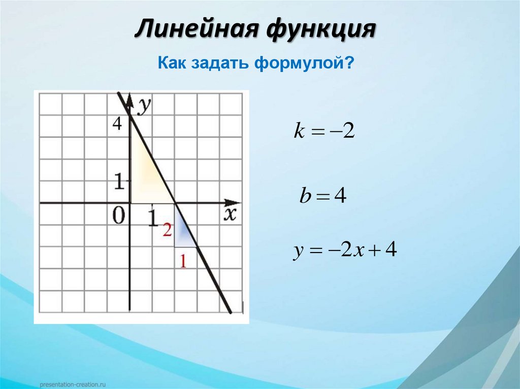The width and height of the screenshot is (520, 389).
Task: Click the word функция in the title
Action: click(x=319, y=30)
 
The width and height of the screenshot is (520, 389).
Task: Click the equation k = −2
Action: click(x=323, y=132)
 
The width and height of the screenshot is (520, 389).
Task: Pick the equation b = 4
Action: click(x=323, y=196)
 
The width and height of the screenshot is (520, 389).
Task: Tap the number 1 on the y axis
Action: click(x=119, y=182)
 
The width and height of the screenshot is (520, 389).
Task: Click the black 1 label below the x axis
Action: click(x=152, y=218)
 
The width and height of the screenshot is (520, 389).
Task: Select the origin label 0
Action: click(x=118, y=217)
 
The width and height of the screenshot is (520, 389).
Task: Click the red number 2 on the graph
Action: click(x=167, y=230)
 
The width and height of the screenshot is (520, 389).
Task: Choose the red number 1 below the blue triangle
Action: click(x=184, y=262)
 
